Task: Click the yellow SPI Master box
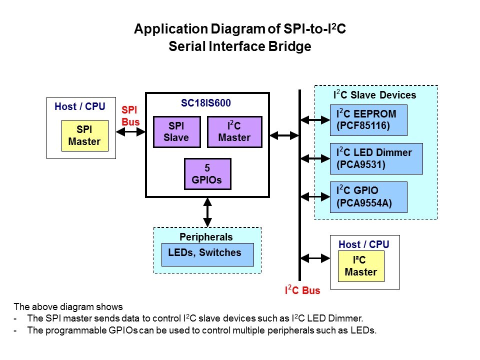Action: click(x=84, y=135)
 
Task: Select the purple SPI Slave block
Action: click(x=176, y=132)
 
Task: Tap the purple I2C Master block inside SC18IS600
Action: click(x=234, y=132)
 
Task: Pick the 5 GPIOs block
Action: click(x=207, y=174)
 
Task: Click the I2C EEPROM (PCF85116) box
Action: click(x=369, y=120)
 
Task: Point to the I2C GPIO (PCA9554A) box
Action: click(x=369, y=197)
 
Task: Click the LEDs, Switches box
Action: click(x=207, y=254)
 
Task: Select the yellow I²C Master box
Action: click(x=360, y=266)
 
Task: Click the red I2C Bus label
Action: click(x=302, y=290)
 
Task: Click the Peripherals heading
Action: click(x=206, y=236)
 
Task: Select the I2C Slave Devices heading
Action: click(x=374, y=94)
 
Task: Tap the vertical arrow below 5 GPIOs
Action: click(x=207, y=212)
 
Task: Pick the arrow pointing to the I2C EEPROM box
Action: click(x=314, y=120)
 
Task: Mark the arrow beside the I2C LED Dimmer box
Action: click(x=314, y=158)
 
